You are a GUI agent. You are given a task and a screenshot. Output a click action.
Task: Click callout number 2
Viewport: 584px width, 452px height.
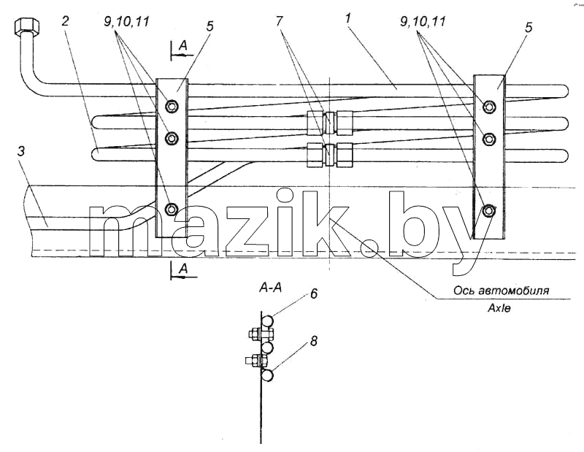tap(65, 21)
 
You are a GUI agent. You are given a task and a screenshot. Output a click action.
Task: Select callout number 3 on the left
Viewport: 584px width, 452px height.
tap(21, 153)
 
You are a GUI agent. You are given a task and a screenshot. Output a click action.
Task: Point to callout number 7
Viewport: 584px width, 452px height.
tap(279, 21)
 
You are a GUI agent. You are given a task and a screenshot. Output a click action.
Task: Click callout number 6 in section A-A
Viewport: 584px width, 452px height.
tap(313, 294)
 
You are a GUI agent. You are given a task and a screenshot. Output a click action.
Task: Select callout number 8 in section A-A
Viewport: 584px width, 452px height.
tap(314, 341)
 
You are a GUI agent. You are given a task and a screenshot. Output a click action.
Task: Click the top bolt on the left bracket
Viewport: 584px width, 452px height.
tap(171, 106)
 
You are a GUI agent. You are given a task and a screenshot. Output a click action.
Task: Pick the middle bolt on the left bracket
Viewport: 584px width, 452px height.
tap(171, 139)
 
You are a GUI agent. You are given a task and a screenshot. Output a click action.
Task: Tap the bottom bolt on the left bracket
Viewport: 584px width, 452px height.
tap(170, 210)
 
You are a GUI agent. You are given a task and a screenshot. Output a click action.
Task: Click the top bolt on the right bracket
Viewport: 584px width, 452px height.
tap(489, 107)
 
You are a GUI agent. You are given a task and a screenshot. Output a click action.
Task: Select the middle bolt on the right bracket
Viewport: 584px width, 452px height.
tap(489, 139)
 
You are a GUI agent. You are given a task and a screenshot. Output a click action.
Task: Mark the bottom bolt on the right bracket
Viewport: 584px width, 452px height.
tap(488, 211)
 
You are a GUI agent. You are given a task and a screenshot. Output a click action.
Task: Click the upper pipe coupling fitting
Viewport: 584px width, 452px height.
tap(330, 123)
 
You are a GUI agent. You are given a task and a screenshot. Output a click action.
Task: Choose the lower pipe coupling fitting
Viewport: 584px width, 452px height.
tap(330, 154)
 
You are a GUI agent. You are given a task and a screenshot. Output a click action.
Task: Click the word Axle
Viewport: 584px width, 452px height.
tap(499, 308)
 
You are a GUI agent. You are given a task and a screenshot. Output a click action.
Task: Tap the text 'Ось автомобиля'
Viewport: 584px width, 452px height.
tap(501, 291)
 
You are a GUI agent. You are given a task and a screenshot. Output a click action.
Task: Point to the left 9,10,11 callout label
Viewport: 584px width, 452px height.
tap(127, 22)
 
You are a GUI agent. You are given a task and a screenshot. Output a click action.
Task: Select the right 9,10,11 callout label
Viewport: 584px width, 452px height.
tap(423, 21)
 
